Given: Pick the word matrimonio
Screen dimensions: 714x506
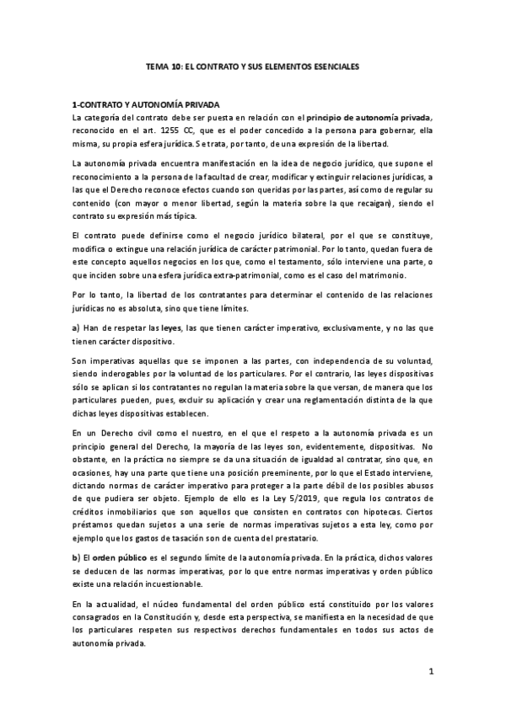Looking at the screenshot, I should click(379, 276).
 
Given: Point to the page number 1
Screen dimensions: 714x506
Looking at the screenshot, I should click(430, 671).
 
